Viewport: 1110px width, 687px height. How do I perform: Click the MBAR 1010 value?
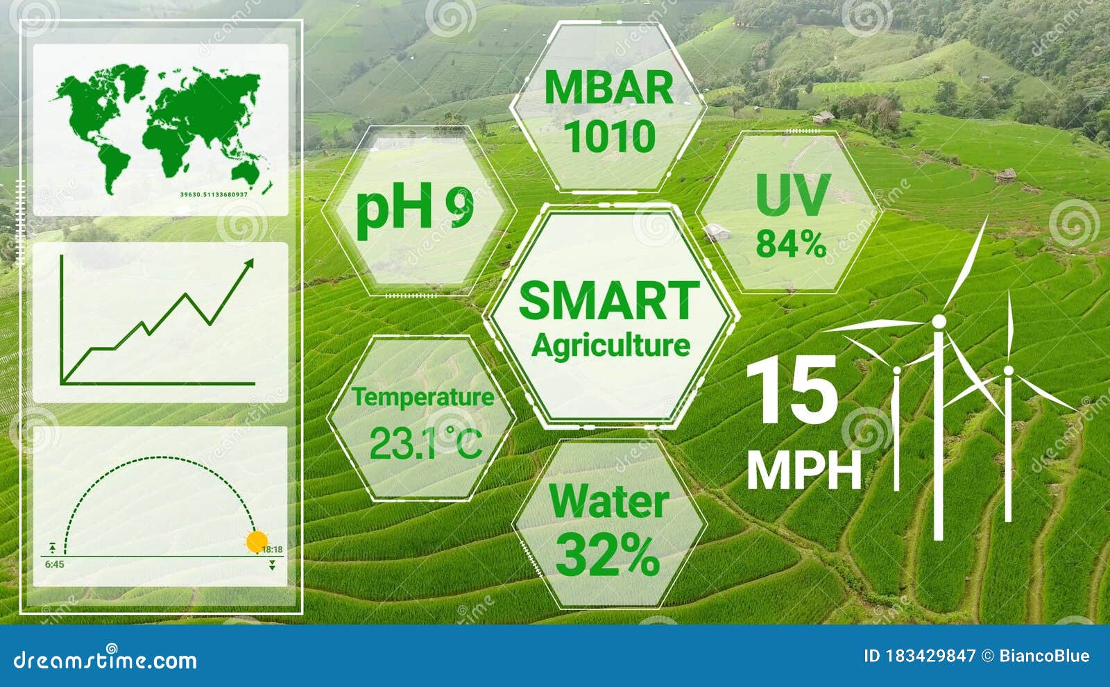(610, 137)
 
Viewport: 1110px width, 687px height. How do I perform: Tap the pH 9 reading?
(415, 207)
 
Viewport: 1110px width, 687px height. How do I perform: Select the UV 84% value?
(791, 244)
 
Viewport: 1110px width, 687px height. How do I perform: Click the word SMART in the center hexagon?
(609, 300)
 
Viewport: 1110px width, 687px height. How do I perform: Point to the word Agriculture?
(610, 345)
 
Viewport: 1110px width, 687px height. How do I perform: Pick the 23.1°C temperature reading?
(425, 443)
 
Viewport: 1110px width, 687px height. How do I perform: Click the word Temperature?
(422, 397)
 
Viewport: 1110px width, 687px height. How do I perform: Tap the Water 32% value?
(608, 554)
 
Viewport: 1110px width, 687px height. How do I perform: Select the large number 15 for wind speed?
(792, 390)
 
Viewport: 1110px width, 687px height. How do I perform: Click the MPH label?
(804, 471)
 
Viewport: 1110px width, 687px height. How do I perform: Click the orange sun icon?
(257, 541)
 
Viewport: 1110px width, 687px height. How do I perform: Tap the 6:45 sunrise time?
(54, 564)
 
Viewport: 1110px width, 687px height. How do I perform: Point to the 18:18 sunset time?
(272, 550)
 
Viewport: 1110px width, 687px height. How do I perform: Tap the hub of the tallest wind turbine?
(938, 321)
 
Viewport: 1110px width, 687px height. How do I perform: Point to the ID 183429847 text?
(919, 656)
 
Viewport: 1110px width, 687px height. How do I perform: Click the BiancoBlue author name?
(1044, 656)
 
